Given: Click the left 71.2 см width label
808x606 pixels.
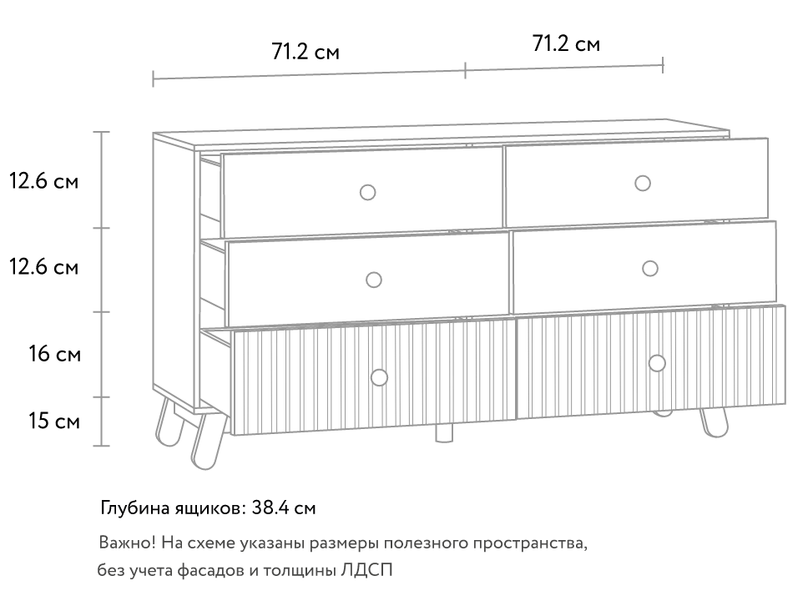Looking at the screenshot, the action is pos(306,52).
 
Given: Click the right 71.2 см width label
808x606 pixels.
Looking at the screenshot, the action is pos(566,43).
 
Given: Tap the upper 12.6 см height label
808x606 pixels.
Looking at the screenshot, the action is pos(43,181).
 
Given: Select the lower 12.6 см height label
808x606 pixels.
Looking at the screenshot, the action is pos(43,267).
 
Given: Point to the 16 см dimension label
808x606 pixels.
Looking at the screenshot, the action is pos(54,354).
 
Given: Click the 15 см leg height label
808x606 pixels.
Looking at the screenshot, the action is pos(54,421).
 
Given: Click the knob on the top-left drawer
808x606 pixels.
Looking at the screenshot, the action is pos(367,192).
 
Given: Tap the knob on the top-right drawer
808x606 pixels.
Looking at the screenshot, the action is pos(643,183).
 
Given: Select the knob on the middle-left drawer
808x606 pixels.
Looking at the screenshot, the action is pos(374,280).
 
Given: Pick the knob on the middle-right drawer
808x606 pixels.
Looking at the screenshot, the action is pos(650,269).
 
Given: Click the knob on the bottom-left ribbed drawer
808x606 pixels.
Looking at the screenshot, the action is pos(379,377).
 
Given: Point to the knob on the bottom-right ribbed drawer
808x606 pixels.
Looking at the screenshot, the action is pos(657,363).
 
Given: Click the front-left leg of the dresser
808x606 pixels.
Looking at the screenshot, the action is pos(208,442).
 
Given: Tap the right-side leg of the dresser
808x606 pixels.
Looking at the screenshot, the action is pos(715,423).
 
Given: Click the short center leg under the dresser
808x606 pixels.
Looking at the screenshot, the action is pos(445,433).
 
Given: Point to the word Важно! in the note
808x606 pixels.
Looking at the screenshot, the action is pos(127,543).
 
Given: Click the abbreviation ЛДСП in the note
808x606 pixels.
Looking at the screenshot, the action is pos(366,570).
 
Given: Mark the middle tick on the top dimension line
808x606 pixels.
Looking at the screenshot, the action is pos(465,70).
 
